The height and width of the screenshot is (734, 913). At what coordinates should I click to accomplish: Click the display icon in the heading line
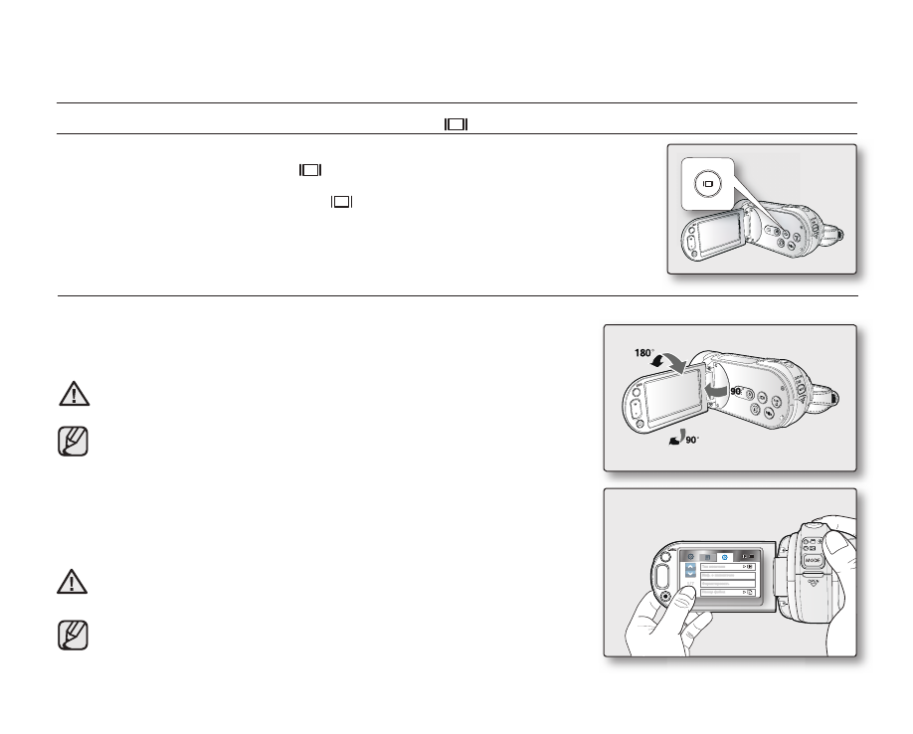[456, 124]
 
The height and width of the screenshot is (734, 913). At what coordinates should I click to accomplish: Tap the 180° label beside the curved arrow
[644, 352]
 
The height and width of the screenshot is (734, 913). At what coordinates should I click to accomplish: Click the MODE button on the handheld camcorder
[813, 559]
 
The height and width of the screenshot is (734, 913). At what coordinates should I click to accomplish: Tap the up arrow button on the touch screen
[692, 570]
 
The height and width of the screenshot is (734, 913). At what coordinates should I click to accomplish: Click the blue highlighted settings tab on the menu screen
[724, 557]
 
